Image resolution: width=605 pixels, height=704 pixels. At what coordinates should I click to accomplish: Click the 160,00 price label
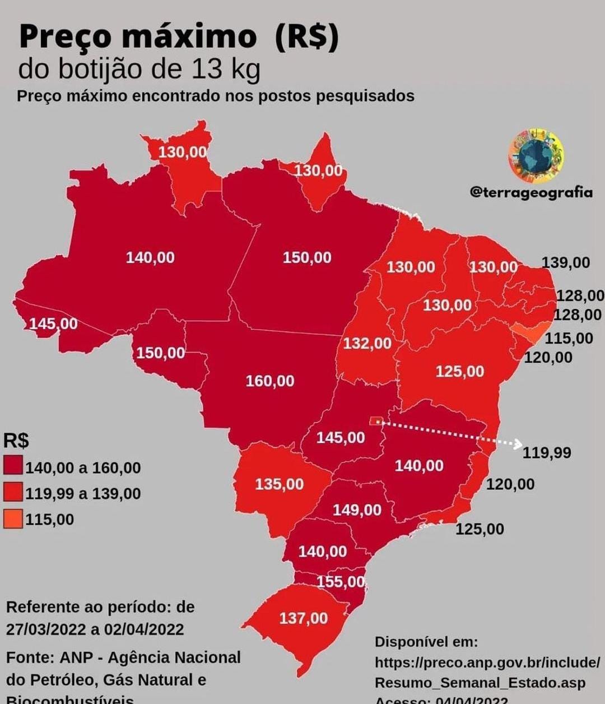point(270,381)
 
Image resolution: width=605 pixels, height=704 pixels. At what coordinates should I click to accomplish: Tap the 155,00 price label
point(341,582)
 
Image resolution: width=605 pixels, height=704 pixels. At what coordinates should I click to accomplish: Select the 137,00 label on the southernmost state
point(303,618)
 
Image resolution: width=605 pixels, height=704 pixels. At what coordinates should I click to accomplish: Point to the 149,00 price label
point(357,510)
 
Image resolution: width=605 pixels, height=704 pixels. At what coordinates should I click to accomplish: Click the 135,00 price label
point(279,484)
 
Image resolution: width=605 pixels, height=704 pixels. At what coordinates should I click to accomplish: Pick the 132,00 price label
point(367,343)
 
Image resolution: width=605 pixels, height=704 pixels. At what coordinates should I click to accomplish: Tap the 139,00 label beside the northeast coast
point(566,262)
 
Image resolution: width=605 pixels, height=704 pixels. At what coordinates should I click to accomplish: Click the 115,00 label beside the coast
point(569,338)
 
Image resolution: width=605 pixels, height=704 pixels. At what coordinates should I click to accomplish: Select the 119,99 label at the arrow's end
point(547,452)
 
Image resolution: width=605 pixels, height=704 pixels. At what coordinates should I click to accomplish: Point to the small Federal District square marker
point(376,420)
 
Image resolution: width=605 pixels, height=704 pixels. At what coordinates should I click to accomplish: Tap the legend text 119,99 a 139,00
point(83,494)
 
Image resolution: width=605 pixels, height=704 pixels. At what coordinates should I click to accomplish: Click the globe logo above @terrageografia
point(536,156)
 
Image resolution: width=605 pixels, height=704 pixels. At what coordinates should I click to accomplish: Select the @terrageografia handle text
point(530,192)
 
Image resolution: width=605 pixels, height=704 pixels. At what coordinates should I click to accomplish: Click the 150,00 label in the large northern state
point(307,258)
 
